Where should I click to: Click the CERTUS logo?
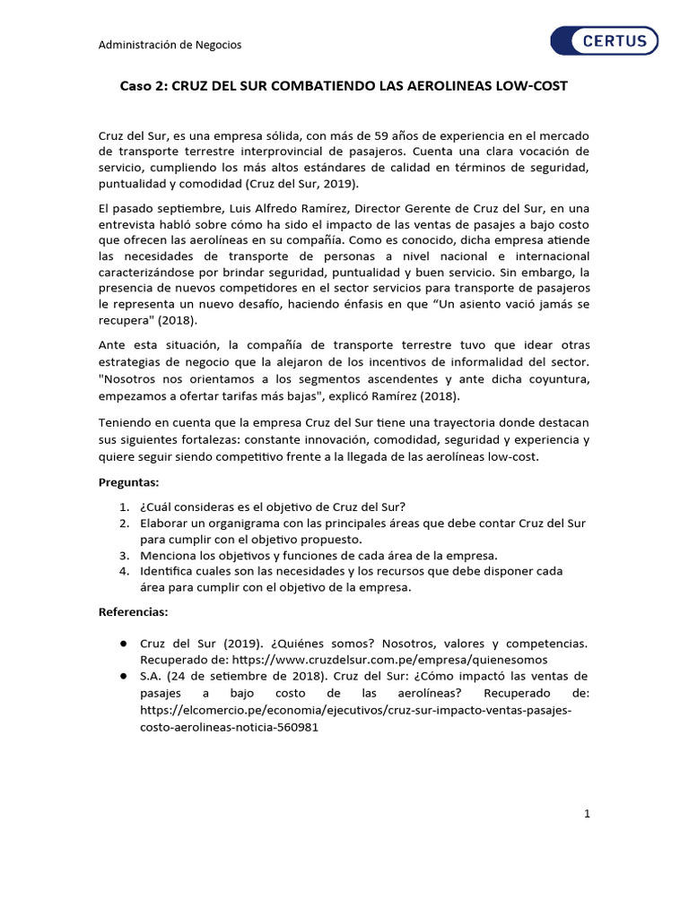603,41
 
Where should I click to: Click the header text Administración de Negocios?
170,44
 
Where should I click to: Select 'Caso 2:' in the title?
144,86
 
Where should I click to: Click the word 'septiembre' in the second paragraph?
179,208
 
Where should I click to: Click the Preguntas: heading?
128,482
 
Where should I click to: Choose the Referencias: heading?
132,612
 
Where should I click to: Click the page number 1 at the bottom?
587,813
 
